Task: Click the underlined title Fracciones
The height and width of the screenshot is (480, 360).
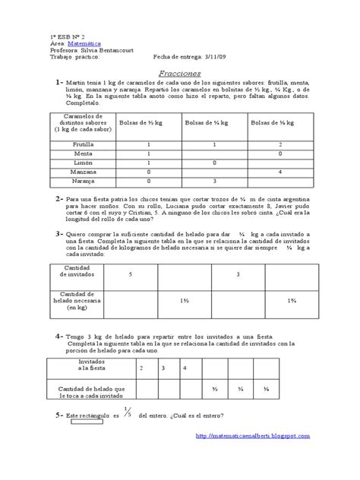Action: (179, 73)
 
